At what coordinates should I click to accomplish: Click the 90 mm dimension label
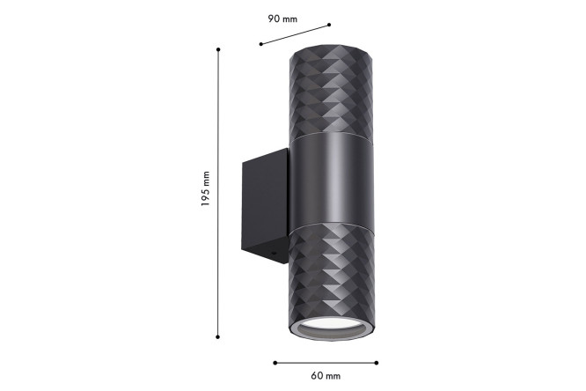click(x=282, y=18)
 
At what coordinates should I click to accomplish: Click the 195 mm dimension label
click(x=205, y=189)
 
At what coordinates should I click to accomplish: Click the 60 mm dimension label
click(x=326, y=376)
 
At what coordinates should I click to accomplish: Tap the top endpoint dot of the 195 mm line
click(x=218, y=49)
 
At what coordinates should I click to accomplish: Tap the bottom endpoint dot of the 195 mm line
click(x=218, y=337)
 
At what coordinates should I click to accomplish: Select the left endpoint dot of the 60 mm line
click(x=275, y=363)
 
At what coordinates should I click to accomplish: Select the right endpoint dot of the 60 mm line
click(x=377, y=363)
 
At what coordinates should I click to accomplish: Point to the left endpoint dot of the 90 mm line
click(x=260, y=44)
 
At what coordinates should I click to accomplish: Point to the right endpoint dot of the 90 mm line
click(x=329, y=25)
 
